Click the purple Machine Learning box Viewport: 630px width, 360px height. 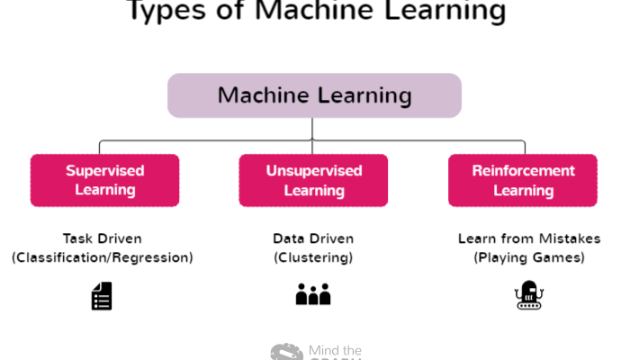314,95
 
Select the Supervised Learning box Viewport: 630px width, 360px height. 105,180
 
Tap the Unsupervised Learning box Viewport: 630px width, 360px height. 313,180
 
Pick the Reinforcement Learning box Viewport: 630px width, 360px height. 523,180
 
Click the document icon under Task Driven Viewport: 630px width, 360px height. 102,296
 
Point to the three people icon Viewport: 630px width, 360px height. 313,294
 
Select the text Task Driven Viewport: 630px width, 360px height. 102,238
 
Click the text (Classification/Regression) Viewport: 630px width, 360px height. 102,257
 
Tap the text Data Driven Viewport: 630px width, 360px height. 313,238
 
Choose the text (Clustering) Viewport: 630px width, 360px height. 313,257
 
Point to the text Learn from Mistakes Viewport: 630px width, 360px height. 522,238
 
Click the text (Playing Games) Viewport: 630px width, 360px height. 522,257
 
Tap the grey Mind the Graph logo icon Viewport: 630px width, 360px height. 287,352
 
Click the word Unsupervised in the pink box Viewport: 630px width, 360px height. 313,170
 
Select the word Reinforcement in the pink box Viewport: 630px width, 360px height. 523,170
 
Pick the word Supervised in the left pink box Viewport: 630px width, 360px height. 105,170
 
